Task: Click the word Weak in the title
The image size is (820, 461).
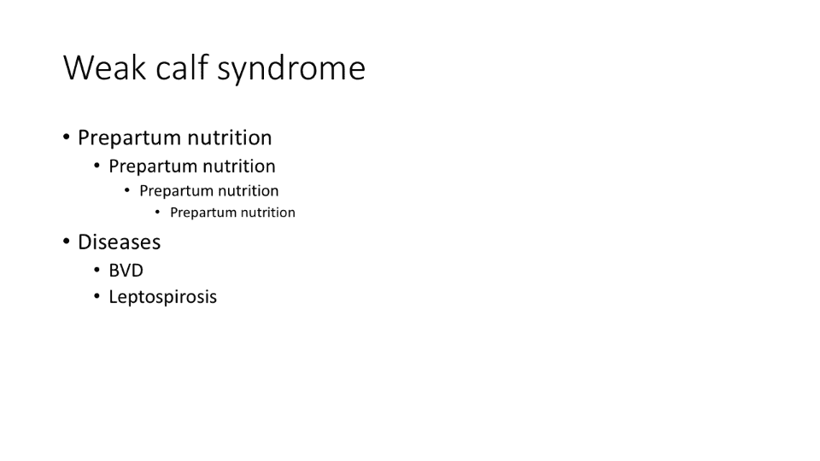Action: [x=104, y=67]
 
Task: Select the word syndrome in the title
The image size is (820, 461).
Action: [x=291, y=69]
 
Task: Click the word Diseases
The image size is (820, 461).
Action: [x=120, y=242]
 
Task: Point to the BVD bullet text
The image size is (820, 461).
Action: [x=126, y=271]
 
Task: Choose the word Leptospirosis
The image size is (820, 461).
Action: [x=162, y=297]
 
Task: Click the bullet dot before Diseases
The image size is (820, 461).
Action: [x=67, y=242]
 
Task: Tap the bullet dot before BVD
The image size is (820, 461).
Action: [x=97, y=270]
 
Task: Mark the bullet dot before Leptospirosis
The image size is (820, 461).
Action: [x=97, y=296]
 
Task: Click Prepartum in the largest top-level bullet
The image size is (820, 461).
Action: [x=130, y=138]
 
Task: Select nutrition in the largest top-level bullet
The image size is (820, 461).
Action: [x=230, y=137]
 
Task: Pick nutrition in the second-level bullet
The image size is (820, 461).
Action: [x=239, y=166]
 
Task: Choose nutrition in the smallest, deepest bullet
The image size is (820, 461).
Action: [x=268, y=213]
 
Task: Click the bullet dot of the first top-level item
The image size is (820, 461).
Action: [x=67, y=137]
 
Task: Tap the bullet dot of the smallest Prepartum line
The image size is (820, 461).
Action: [x=157, y=212]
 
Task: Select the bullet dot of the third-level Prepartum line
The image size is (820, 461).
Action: [x=127, y=190]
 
